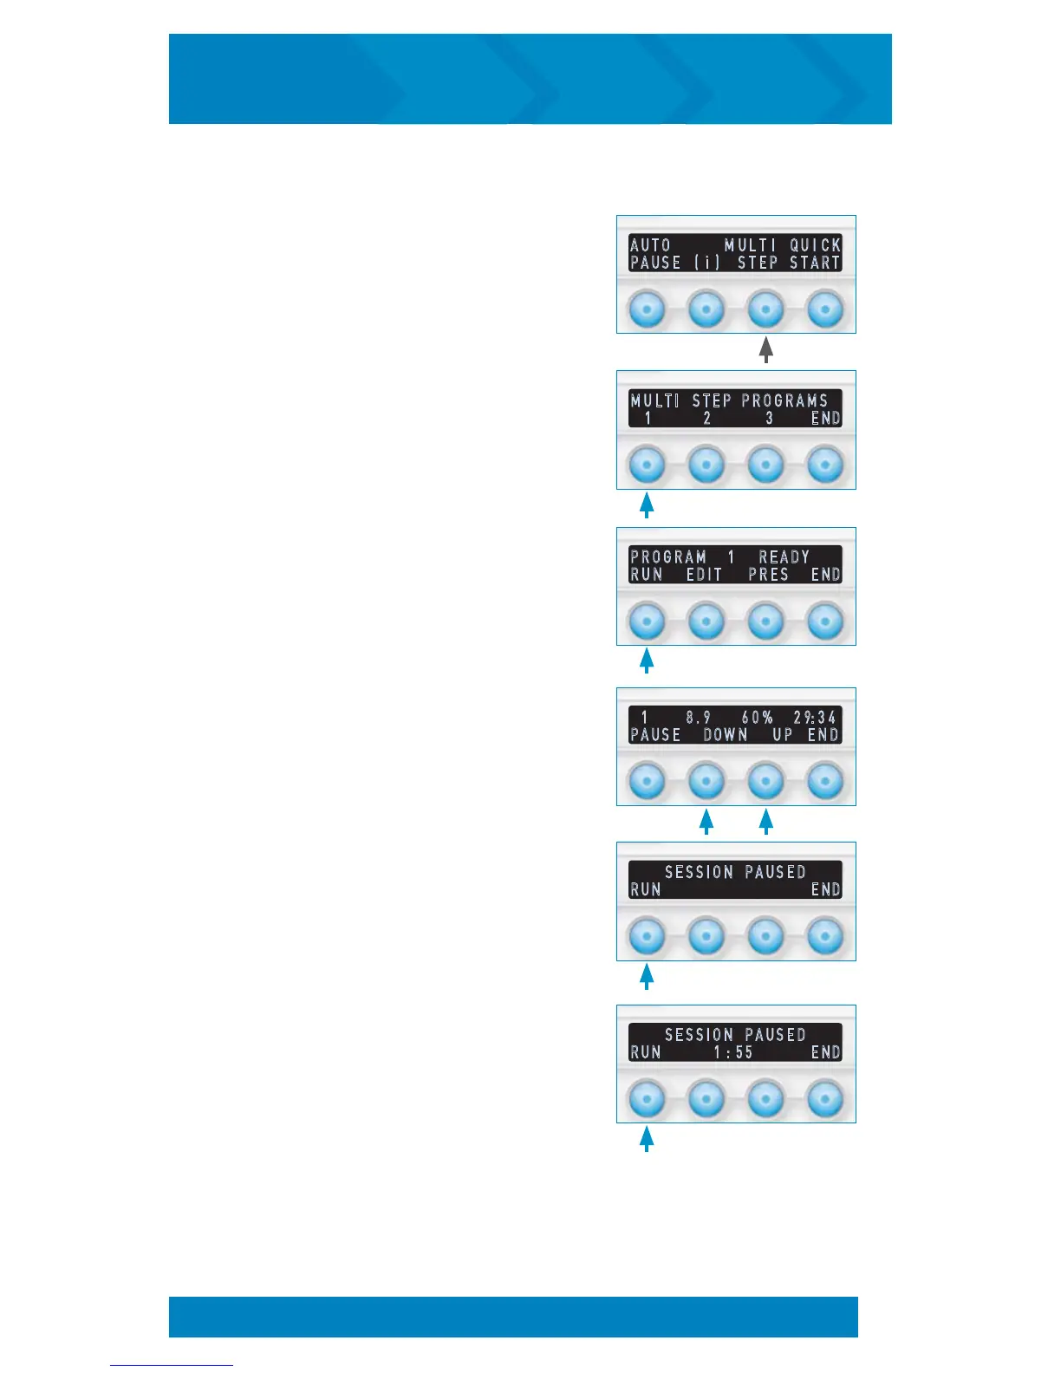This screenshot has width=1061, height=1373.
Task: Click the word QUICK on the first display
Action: point(815,245)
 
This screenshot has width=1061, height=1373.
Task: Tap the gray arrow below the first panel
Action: point(765,349)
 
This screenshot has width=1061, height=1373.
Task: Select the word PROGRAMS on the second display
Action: point(784,400)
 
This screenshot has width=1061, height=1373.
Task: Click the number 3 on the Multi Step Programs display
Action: point(769,419)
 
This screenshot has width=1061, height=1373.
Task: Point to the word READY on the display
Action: point(784,556)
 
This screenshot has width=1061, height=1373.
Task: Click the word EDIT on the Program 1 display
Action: point(704,575)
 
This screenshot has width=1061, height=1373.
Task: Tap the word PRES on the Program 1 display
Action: point(768,575)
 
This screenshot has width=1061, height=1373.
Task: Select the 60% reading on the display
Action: point(757,717)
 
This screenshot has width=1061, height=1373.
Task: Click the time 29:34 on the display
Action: point(815,717)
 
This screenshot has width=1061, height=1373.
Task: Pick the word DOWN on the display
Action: point(725,735)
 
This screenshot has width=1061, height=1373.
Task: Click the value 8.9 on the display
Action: point(698,717)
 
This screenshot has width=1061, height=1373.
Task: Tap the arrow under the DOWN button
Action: point(706,821)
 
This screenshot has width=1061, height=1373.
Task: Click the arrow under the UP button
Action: point(765,821)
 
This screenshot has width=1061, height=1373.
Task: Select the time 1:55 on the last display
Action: point(732,1052)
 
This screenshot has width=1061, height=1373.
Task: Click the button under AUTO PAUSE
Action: point(647,309)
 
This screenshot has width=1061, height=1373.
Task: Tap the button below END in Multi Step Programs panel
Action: point(825,465)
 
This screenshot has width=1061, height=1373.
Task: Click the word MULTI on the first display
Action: point(750,245)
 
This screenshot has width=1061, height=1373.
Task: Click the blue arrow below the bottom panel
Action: point(647,1137)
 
